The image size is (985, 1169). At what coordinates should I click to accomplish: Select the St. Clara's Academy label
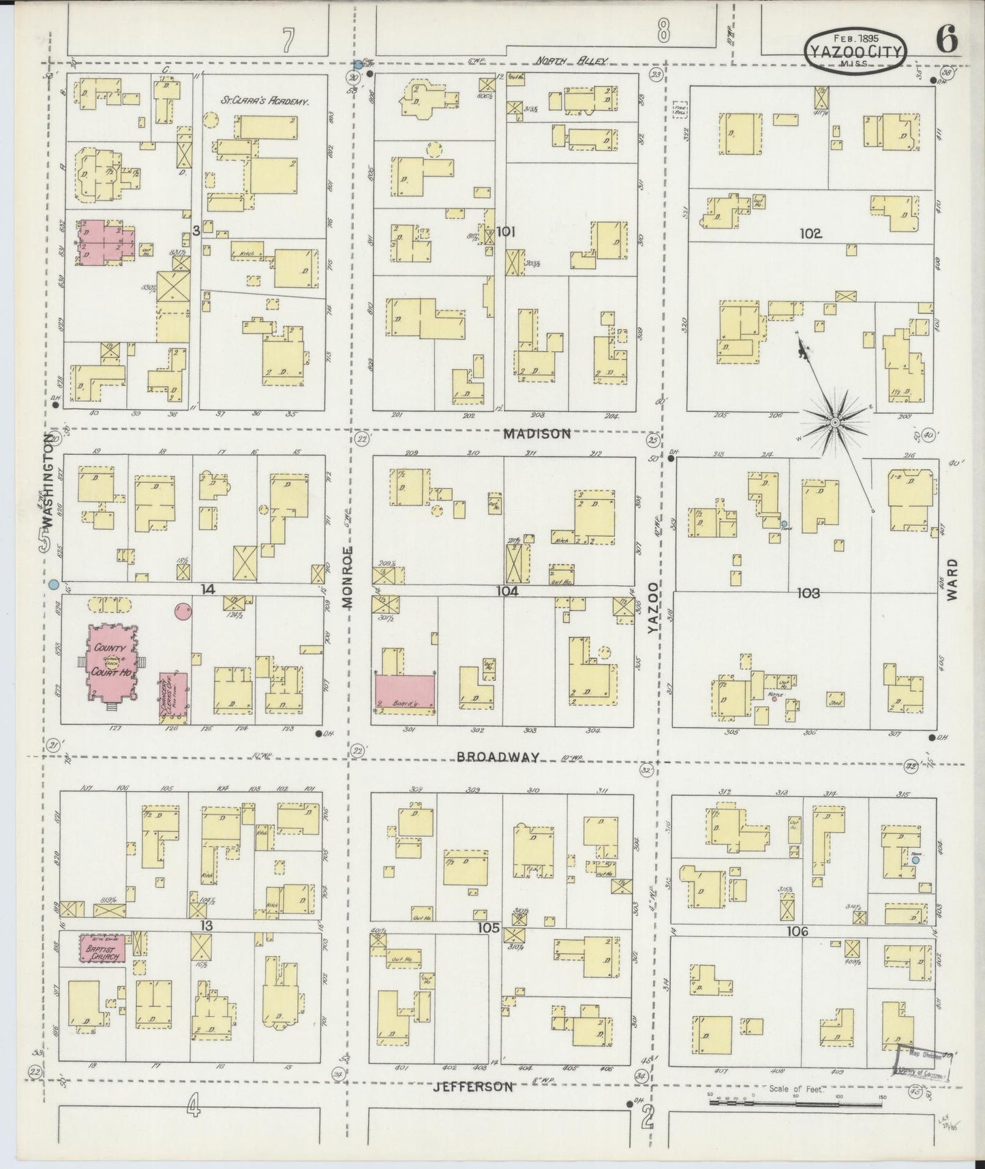pyautogui.click(x=264, y=100)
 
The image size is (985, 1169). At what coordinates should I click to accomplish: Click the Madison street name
pyautogui.click(x=538, y=434)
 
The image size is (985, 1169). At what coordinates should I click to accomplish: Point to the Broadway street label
pyautogui.click(x=498, y=757)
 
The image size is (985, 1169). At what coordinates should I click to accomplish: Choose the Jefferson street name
pyautogui.click(x=473, y=1086)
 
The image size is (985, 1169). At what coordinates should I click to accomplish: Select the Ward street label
pyautogui.click(x=952, y=579)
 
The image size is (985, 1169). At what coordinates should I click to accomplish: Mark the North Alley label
pyautogui.click(x=571, y=61)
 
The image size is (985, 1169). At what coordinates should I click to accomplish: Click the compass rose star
pyautogui.click(x=834, y=424)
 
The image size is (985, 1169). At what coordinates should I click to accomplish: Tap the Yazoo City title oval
pyautogui.click(x=856, y=50)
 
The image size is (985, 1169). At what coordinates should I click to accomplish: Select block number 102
pyautogui.click(x=810, y=233)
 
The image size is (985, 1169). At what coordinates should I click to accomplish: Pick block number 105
pyautogui.click(x=489, y=928)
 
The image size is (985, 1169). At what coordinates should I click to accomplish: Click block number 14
pyautogui.click(x=209, y=589)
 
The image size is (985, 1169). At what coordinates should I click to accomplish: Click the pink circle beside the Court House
pyautogui.click(x=182, y=612)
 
